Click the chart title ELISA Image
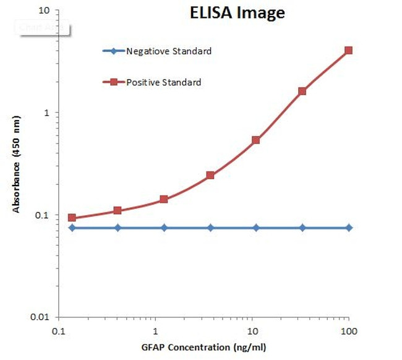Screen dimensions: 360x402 click(237, 13)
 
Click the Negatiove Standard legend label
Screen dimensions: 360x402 click(169, 51)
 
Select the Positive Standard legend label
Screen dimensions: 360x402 click(164, 82)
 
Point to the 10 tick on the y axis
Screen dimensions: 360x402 click(45, 11)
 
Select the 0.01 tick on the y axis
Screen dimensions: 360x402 click(42, 317)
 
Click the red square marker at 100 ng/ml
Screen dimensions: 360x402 click(349, 50)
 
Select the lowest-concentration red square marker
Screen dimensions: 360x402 click(72, 218)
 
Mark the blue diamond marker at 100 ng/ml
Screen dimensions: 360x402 click(349, 228)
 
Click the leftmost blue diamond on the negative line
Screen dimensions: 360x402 click(72, 228)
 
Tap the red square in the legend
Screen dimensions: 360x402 click(114, 82)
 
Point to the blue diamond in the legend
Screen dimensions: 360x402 click(114, 51)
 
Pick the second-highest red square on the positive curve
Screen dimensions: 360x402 click(302, 91)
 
